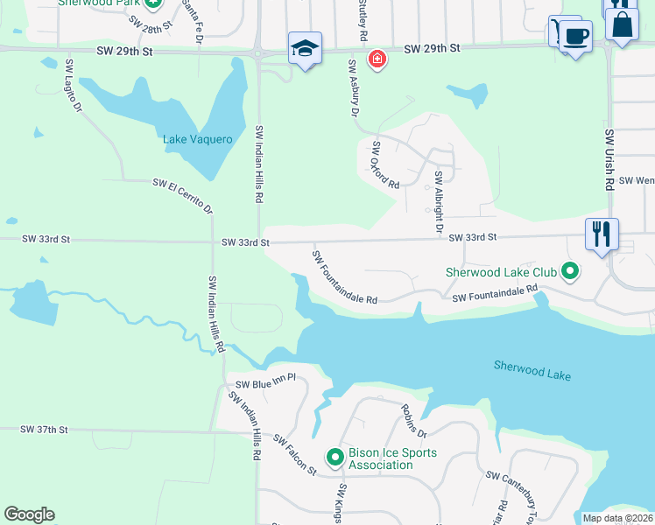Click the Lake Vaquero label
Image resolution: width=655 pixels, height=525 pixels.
click(x=198, y=139)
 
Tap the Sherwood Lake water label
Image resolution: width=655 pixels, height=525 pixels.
click(x=532, y=370)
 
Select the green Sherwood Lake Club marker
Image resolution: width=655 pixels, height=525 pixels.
click(x=570, y=272)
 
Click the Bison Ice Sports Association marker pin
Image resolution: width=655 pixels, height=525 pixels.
click(x=335, y=457)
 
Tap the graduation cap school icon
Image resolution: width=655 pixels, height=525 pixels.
click(x=305, y=47)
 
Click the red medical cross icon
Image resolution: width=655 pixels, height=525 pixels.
click(x=377, y=59)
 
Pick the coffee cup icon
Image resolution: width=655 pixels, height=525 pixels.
click(x=575, y=37)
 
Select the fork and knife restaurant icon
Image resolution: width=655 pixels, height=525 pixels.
click(x=602, y=234)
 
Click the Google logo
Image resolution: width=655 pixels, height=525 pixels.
click(x=29, y=514)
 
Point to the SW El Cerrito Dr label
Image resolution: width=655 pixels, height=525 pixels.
click(x=183, y=195)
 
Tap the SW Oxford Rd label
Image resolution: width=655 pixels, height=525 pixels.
click(x=385, y=164)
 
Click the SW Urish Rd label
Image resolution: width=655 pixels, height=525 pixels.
click(x=609, y=160)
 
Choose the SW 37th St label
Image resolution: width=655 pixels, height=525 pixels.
click(x=44, y=430)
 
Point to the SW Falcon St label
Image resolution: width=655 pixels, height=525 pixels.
click(x=294, y=454)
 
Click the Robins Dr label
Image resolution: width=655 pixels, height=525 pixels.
click(x=413, y=420)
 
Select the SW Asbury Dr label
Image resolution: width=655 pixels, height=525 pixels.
click(x=354, y=87)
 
